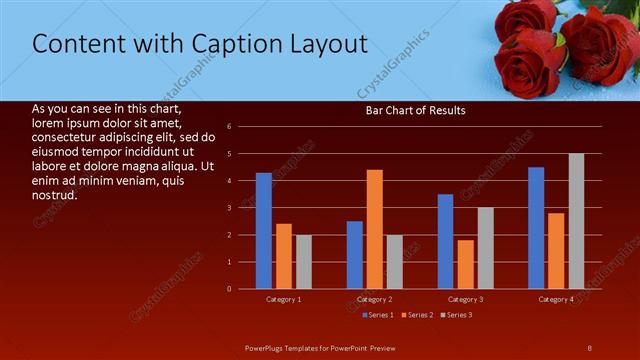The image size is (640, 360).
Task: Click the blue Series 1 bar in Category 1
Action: [x=263, y=231]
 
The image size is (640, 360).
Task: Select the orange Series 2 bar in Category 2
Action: [x=375, y=229]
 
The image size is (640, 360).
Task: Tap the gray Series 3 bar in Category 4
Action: [x=576, y=221]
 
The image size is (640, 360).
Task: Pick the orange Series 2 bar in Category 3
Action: [x=466, y=264]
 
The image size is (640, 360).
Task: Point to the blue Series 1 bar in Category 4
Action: [x=536, y=228]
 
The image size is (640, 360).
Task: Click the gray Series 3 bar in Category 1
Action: [x=303, y=262]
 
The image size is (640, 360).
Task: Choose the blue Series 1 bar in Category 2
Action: [x=355, y=255]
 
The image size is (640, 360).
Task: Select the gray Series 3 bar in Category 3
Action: [x=485, y=248]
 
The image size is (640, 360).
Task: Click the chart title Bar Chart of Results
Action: [x=415, y=110]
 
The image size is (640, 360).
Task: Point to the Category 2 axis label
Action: [x=374, y=299]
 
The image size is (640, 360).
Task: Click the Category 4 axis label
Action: [x=556, y=299]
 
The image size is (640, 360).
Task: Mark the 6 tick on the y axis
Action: [x=229, y=127]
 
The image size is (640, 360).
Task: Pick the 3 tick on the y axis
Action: [x=229, y=208]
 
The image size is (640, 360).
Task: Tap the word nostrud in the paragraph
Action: [x=55, y=194]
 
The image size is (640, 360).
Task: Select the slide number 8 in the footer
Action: [x=590, y=347]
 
